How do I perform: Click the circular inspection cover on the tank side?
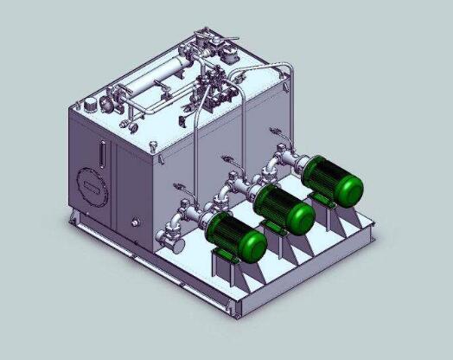90,184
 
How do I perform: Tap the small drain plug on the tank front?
134,222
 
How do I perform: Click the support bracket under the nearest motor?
226,264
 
